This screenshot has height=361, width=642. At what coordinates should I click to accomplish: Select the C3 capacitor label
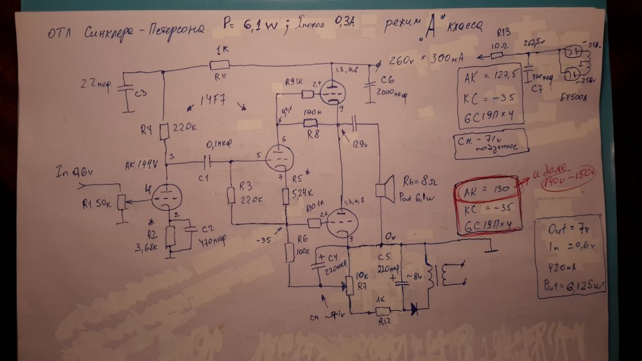coord(139,94)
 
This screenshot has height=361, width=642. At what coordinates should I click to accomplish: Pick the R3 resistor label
coord(244,185)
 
